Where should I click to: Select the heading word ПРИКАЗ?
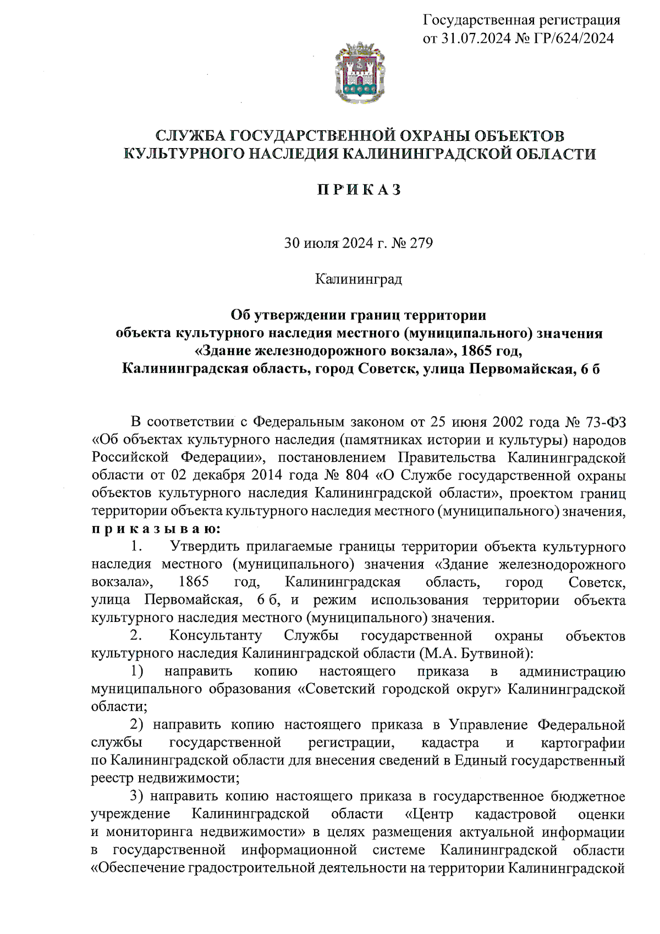[x=359, y=190]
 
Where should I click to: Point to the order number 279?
[x=421, y=243]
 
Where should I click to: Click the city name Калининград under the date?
[x=359, y=279]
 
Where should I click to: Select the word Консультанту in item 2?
[x=216, y=636]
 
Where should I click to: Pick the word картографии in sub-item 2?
[x=582, y=743]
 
